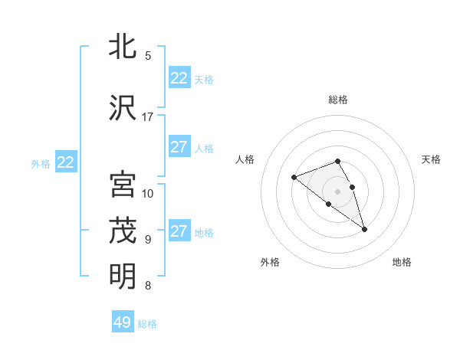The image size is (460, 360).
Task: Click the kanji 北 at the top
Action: point(123,47)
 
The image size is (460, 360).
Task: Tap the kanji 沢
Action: point(123,108)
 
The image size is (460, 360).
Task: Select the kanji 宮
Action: point(123,185)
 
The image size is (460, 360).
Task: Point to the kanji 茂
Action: point(123,231)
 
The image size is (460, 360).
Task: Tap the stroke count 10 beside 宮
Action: point(148,193)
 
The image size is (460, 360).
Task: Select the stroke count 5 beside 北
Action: point(148,56)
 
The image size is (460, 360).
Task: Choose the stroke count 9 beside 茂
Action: point(148,239)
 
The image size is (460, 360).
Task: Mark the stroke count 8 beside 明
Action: point(148,286)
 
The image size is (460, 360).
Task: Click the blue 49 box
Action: point(123,322)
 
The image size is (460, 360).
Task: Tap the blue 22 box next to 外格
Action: point(65,162)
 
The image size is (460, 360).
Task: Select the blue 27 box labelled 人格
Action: point(179,147)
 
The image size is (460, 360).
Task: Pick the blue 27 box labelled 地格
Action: point(179,231)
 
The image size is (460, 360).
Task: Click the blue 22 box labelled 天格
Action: point(179,78)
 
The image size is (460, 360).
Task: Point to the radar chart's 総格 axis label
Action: point(338,100)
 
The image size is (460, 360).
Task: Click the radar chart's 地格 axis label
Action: point(402,262)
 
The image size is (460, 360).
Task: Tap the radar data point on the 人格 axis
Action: point(294,178)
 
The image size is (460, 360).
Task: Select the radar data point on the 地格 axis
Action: point(364,229)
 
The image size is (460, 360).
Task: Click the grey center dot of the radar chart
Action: point(338,191)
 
